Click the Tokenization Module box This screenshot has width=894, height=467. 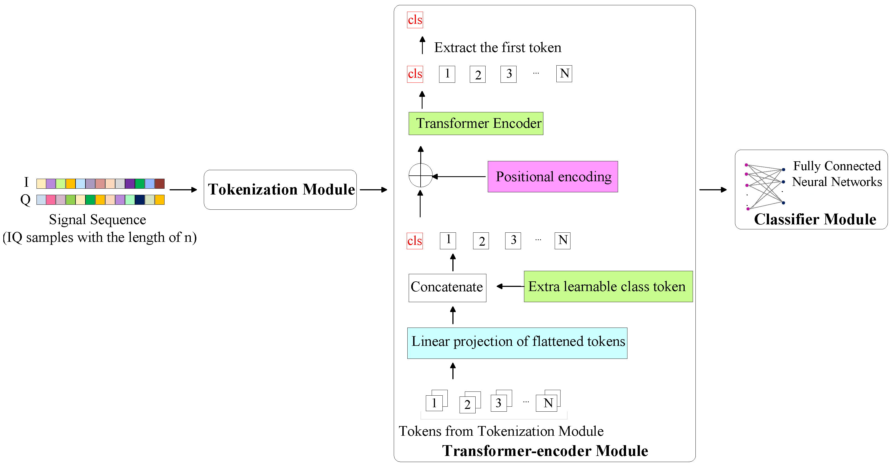280,190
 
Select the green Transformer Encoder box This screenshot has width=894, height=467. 476,124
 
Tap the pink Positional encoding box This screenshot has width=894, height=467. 552,177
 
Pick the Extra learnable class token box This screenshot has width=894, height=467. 608,286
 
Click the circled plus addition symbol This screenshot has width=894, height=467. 420,175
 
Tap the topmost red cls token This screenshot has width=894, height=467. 415,20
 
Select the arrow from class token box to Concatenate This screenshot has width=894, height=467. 510,286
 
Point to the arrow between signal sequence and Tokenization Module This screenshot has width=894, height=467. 183,190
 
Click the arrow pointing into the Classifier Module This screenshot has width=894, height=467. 713,190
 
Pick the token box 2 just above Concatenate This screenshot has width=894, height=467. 481,241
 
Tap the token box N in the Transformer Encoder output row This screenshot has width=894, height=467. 564,74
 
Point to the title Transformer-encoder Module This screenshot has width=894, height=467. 545,451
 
